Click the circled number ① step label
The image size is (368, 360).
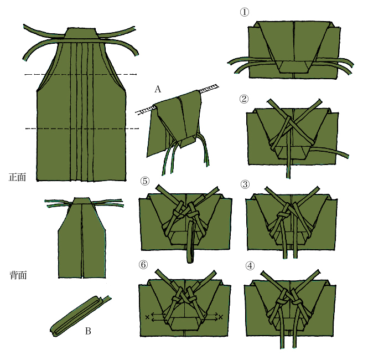244,12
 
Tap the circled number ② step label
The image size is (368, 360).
244,99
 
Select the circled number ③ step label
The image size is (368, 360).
245,184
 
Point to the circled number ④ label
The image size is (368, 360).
250,266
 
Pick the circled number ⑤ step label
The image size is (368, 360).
145,181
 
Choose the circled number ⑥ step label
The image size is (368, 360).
143,265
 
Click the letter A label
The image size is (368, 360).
158,89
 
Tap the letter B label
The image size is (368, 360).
88,331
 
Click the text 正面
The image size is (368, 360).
17,177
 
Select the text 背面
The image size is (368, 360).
18,275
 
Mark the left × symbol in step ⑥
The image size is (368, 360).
147,317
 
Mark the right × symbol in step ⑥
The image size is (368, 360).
220,317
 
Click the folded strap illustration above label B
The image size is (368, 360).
80,315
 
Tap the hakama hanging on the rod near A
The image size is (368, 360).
175,125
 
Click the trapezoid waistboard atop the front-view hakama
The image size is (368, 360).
81,33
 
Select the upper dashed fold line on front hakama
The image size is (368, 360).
81,74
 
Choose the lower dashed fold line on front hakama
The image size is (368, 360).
82,128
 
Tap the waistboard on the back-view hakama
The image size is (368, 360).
81,201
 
